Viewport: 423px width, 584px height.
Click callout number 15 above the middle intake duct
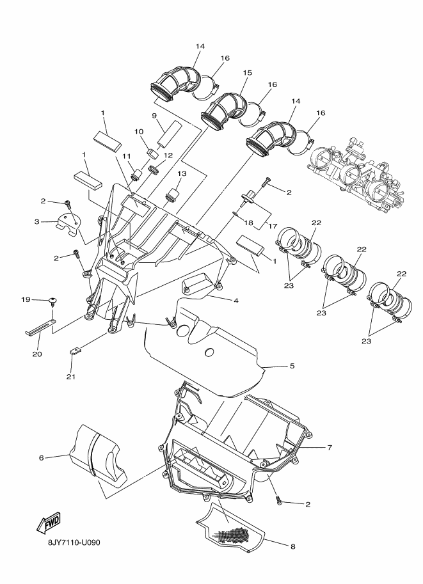(x=246, y=74)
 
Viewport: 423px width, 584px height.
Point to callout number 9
(x=154, y=115)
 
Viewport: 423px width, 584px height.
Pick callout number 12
(x=168, y=155)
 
